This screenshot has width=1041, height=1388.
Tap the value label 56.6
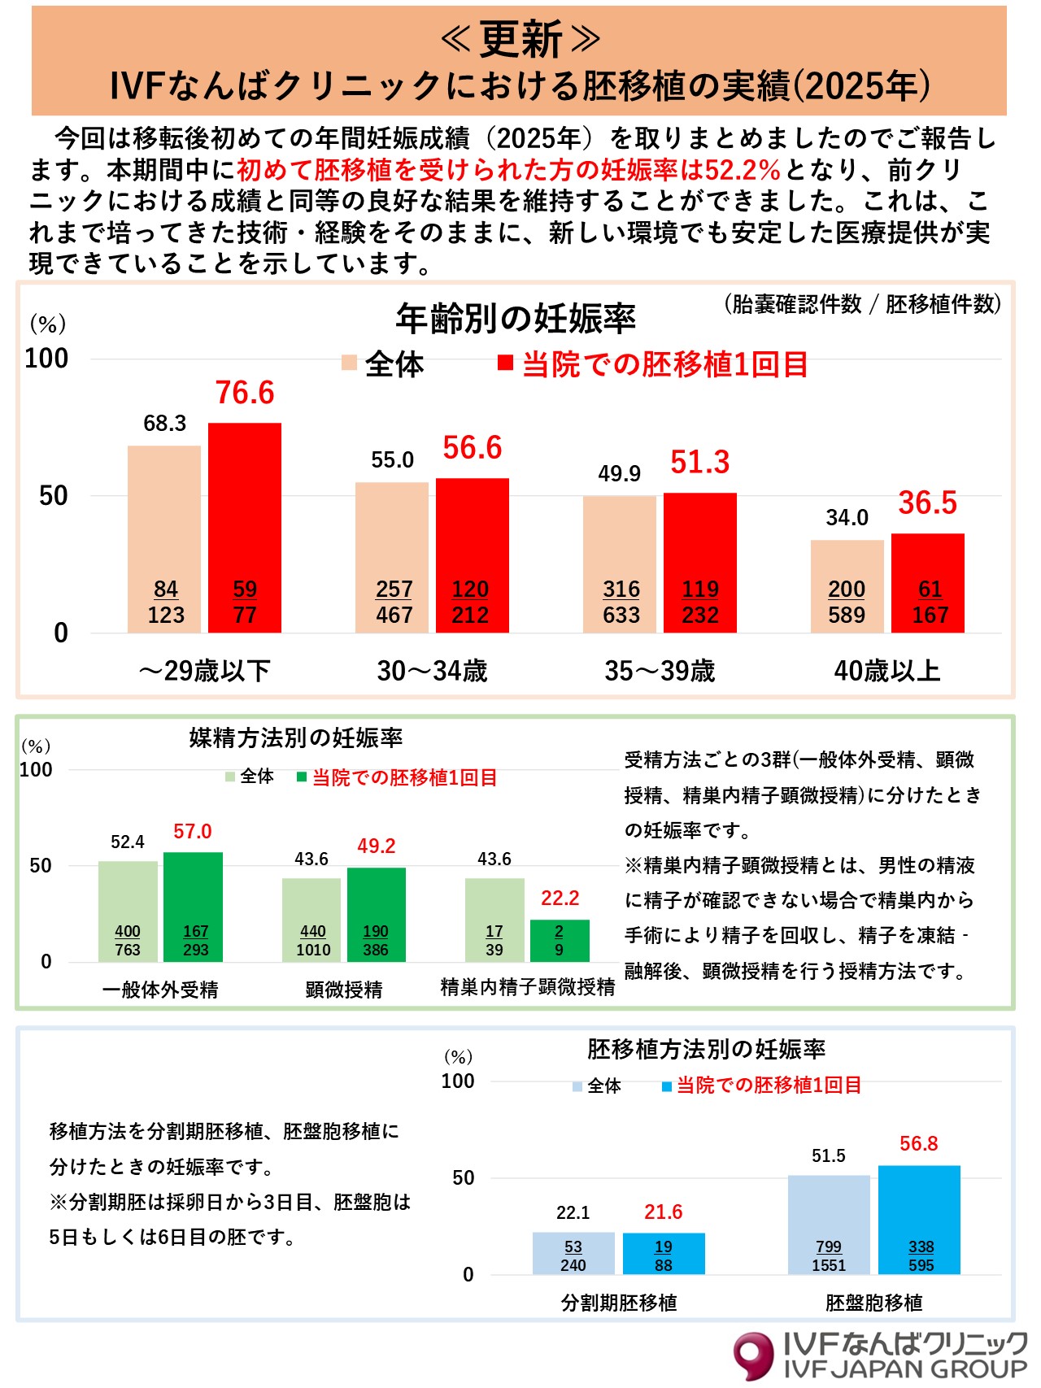click(x=472, y=448)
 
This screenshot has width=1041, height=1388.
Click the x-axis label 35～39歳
click(x=660, y=671)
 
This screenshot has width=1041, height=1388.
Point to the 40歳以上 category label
click(x=887, y=671)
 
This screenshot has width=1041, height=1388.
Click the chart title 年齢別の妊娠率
click(x=516, y=319)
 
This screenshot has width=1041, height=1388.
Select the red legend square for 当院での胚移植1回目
click(x=505, y=363)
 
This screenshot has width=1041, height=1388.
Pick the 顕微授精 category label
click(x=344, y=990)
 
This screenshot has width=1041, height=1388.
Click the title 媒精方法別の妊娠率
click(x=296, y=738)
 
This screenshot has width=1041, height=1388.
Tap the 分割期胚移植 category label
click(x=619, y=1303)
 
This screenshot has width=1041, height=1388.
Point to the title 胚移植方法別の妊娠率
click(x=706, y=1049)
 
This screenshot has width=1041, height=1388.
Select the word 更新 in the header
click(x=520, y=38)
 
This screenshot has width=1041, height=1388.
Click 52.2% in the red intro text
click(x=743, y=169)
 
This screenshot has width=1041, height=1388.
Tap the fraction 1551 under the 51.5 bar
click(x=829, y=1265)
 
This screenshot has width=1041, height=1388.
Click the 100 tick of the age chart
click(x=47, y=359)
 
